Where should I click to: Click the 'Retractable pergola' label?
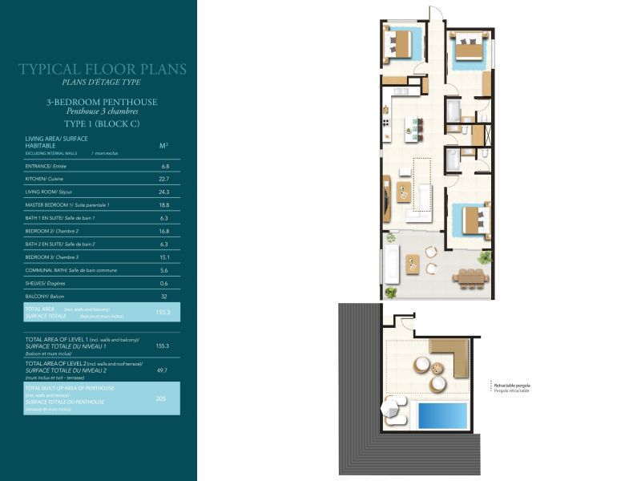tap(512, 386)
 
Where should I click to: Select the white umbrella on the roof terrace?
tap(396, 410)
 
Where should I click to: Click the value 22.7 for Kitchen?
tap(164, 179)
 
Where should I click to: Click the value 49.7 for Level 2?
tap(163, 371)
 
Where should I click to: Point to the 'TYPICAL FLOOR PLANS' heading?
tap(102, 70)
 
